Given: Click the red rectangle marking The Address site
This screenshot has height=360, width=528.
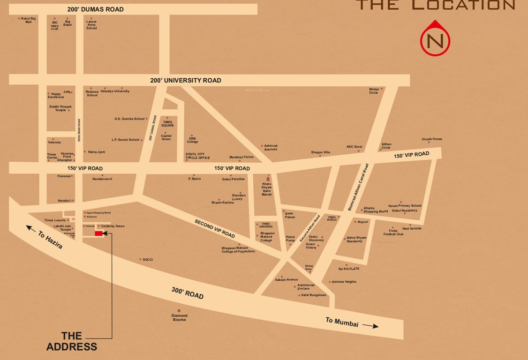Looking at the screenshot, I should click(98, 233).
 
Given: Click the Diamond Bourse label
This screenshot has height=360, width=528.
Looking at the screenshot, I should click(179, 318).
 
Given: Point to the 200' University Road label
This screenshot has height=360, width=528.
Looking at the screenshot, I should click(186, 80).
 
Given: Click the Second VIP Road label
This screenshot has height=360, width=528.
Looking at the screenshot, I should click(215, 228).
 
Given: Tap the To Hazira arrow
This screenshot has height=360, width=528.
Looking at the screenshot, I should click(31, 228).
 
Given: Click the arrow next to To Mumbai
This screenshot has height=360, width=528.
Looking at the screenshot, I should click(370, 326).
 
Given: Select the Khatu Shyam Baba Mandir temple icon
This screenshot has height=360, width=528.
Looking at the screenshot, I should click(268, 179).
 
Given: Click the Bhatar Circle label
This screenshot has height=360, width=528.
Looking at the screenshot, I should click(374, 91).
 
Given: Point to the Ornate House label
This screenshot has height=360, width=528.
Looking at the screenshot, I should click(431, 139).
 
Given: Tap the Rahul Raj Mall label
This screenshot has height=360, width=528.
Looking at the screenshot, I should click(29, 20).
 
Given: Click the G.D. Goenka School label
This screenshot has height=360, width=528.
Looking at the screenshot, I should click(129, 119).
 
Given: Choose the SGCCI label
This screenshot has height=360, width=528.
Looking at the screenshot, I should click(148, 259).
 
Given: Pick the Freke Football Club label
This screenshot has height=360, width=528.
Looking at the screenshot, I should click(393, 232).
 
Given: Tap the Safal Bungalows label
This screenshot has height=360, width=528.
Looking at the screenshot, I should click(313, 295).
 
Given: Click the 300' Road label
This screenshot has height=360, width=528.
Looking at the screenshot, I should click(187, 293).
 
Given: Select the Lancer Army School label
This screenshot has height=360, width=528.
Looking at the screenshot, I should click(91, 25).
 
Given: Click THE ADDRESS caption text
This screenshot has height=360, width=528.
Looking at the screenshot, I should click(72, 341).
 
